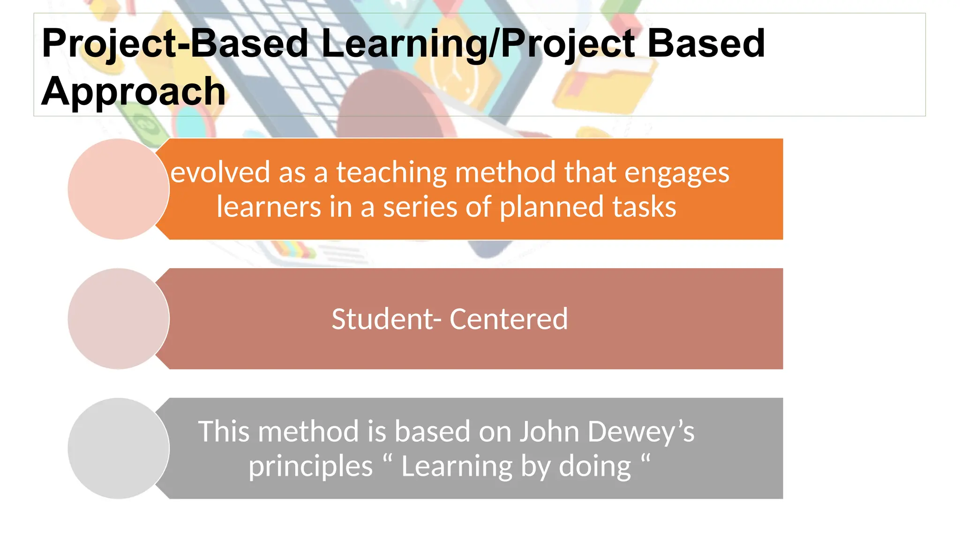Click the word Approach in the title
pyautogui.click(x=133, y=91)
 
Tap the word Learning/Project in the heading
pyautogui.click(x=478, y=44)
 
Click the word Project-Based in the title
pyautogui.click(x=175, y=44)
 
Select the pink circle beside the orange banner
pyautogui.click(x=118, y=189)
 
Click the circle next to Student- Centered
pyautogui.click(x=118, y=319)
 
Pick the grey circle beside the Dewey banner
pyautogui.click(x=118, y=448)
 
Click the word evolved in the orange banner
pyautogui.click(x=220, y=172)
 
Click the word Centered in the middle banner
pyautogui.click(x=509, y=319)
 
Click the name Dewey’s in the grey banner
pyautogui.click(x=640, y=431)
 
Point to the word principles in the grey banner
pyautogui.click(x=310, y=467)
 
